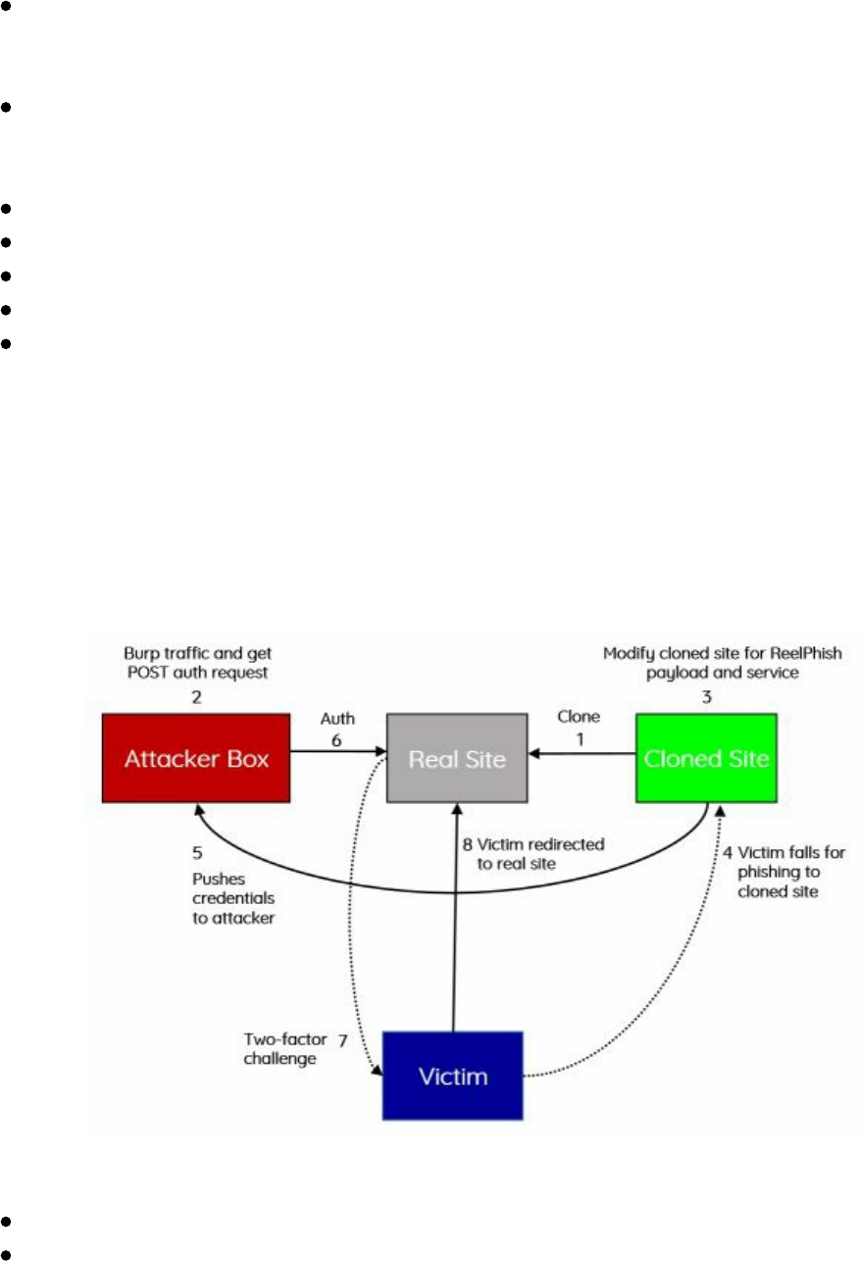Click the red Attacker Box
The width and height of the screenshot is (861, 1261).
196,759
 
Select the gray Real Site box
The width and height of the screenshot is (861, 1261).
457,759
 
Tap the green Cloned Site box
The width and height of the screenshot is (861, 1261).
706,759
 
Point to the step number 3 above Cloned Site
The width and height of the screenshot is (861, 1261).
707,697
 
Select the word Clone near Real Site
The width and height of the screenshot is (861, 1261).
579,717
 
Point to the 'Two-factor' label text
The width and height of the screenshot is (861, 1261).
280,1039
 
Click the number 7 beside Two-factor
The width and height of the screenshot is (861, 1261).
342,1039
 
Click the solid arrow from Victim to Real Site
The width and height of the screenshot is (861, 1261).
454,932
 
